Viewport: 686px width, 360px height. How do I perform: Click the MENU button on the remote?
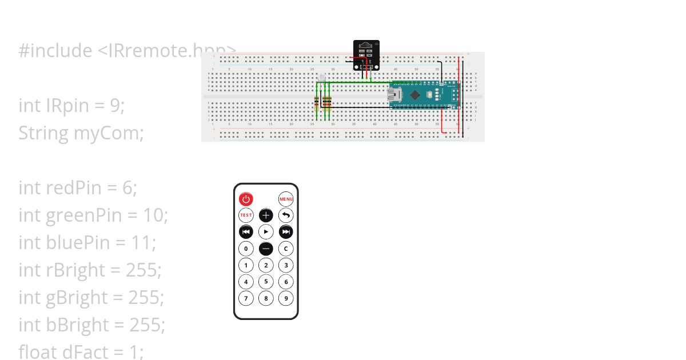click(x=286, y=199)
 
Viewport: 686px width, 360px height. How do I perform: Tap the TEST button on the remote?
click(x=246, y=215)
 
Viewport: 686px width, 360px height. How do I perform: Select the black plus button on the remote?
click(x=266, y=215)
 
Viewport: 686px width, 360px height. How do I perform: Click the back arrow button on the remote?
click(x=286, y=215)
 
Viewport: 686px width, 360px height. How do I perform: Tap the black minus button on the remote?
click(x=266, y=249)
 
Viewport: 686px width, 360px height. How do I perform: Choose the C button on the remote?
click(x=286, y=249)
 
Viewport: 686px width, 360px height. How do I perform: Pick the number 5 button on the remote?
click(x=266, y=281)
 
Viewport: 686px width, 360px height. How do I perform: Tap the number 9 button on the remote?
click(x=286, y=298)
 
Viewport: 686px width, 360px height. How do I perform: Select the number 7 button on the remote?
click(x=246, y=298)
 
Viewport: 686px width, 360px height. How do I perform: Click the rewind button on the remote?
click(x=246, y=232)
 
